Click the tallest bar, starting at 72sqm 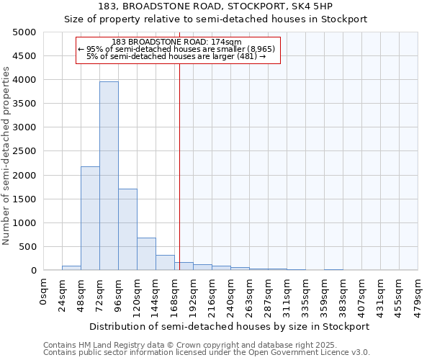(x=109, y=176)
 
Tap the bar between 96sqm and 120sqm (x=127, y=229)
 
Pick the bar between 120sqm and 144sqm (x=146, y=253)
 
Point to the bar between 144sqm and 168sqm (x=165, y=262)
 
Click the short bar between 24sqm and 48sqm (x=71, y=268)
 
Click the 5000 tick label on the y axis (x=24, y=32)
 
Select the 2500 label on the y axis (x=24, y=151)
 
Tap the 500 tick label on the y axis (x=27, y=246)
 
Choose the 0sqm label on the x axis (x=44, y=292)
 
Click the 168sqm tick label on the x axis (x=174, y=294)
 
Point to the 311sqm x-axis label (x=287, y=294)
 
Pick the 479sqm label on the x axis (x=418, y=294)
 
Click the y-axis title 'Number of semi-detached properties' (x=7, y=156)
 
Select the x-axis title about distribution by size (x=229, y=326)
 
